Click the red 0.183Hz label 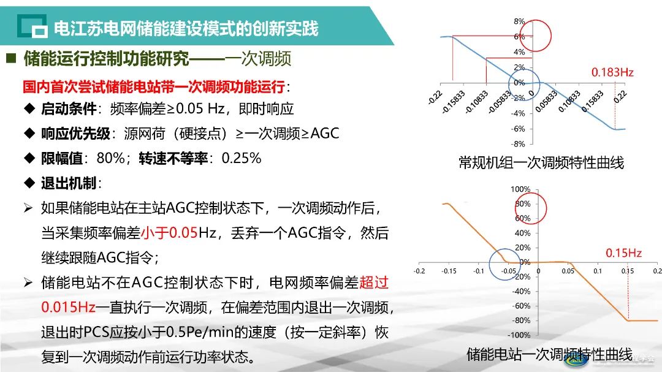tap(612, 72)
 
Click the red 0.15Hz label tap(623, 252)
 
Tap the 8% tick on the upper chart tap(519, 21)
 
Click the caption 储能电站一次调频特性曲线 tap(549, 354)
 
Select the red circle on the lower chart tap(531, 206)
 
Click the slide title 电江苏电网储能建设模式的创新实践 tap(186, 28)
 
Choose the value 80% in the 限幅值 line tap(110, 158)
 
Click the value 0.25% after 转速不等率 tap(242, 158)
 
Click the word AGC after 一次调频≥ tap(324, 134)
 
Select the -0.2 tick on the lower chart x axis tap(419, 270)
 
